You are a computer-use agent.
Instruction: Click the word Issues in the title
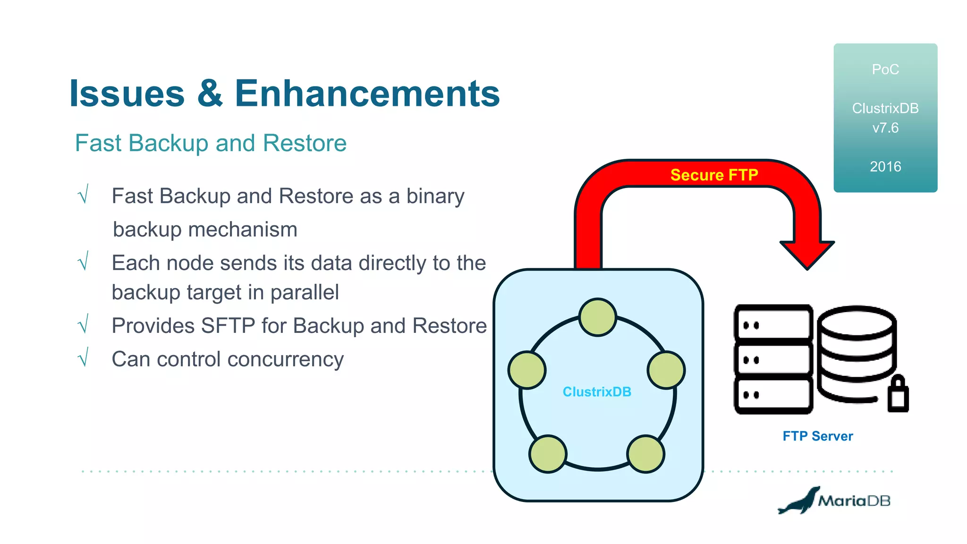[127, 93]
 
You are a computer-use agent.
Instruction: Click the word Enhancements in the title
[367, 93]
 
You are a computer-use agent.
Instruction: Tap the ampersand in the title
[210, 93]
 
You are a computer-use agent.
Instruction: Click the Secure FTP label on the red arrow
[714, 175]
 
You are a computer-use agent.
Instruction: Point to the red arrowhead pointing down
[807, 255]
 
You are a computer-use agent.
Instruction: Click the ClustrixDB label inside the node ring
[597, 392]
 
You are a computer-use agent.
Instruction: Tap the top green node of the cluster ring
[598, 317]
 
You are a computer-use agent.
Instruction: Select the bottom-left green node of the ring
[548, 454]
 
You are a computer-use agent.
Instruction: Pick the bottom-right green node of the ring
[645, 454]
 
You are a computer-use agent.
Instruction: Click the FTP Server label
[818, 436]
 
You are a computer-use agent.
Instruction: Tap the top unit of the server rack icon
[773, 324]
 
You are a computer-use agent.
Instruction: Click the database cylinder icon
[857, 352]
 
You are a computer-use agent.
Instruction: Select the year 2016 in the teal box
[885, 167]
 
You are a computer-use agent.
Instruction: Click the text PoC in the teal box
[885, 69]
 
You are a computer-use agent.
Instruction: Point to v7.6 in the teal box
[885, 128]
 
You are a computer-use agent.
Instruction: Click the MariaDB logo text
[854, 501]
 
